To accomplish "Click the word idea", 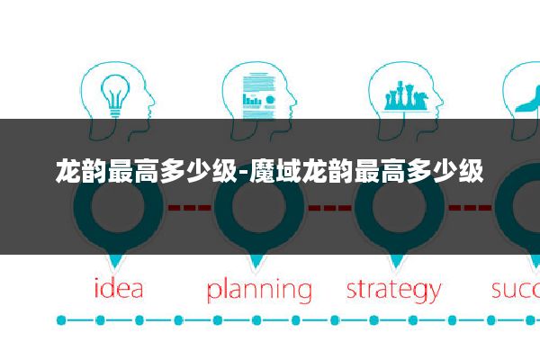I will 119,290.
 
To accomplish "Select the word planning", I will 258,291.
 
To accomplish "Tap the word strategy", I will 394,291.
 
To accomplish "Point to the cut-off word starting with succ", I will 515,290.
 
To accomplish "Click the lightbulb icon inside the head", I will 115,94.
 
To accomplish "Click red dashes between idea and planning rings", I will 189,207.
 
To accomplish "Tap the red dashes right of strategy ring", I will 469,207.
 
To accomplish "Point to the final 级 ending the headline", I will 472,168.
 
